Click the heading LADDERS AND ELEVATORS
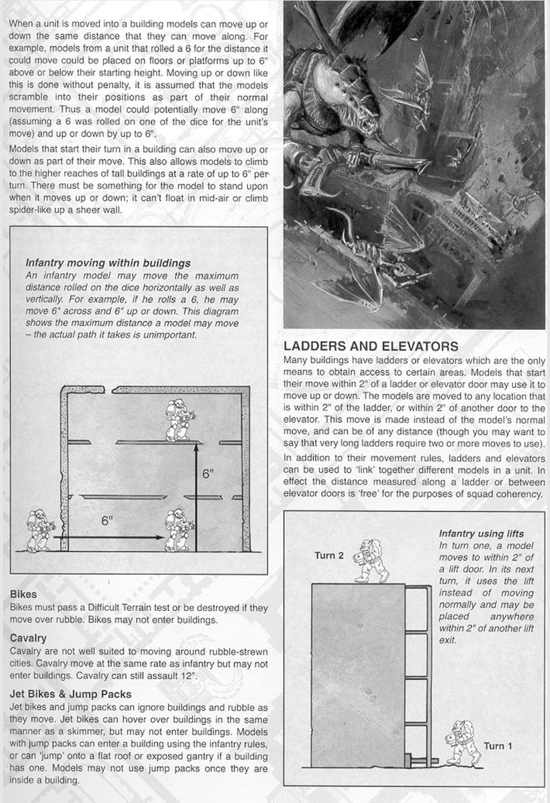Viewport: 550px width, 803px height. pos(371,347)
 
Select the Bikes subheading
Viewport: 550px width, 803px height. pos(23,594)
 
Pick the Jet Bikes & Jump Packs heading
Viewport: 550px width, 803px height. pos(71,693)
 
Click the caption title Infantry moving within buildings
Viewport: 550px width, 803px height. pos(108,263)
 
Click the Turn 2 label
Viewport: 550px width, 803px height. pos(329,555)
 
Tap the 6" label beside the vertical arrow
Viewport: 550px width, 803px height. pos(208,474)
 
